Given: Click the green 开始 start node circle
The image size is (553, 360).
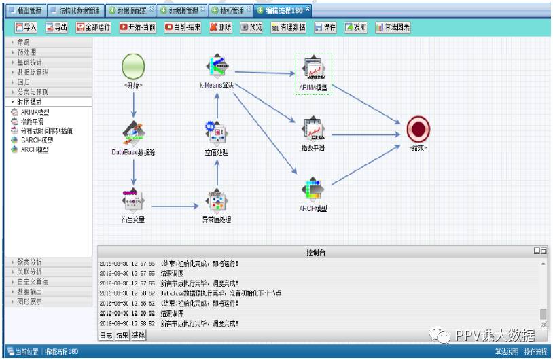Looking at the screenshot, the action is click(x=133, y=67).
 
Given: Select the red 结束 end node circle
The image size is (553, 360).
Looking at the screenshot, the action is click(x=418, y=128).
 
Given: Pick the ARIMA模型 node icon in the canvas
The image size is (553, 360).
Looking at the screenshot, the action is click(x=313, y=68).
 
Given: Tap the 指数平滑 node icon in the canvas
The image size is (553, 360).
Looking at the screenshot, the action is click(x=313, y=128).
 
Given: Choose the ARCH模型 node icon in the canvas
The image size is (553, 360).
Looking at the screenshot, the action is click(x=313, y=188).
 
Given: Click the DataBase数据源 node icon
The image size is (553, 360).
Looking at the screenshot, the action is click(x=133, y=133).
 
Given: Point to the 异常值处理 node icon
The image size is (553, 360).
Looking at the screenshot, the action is click(x=217, y=200).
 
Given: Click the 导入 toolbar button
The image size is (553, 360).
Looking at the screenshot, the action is click(x=26, y=27).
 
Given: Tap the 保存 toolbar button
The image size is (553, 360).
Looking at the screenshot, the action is click(x=325, y=27).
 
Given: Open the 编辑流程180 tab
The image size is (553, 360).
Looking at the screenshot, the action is click(x=283, y=10).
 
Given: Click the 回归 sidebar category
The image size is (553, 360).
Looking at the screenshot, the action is click(x=23, y=82).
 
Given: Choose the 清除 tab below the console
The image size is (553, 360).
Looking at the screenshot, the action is click(x=139, y=335).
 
